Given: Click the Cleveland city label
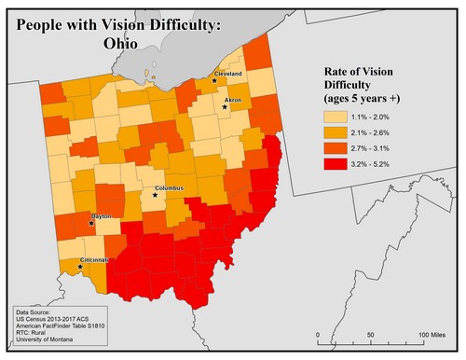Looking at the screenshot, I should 228,73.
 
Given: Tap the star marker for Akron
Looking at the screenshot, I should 224,107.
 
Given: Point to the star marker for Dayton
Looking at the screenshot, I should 91,224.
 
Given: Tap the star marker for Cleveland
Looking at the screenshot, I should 214,80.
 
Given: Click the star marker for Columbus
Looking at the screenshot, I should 156,195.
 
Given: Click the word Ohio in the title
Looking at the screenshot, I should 122,43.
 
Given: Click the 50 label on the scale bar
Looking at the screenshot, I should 371,335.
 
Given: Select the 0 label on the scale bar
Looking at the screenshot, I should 319,335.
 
